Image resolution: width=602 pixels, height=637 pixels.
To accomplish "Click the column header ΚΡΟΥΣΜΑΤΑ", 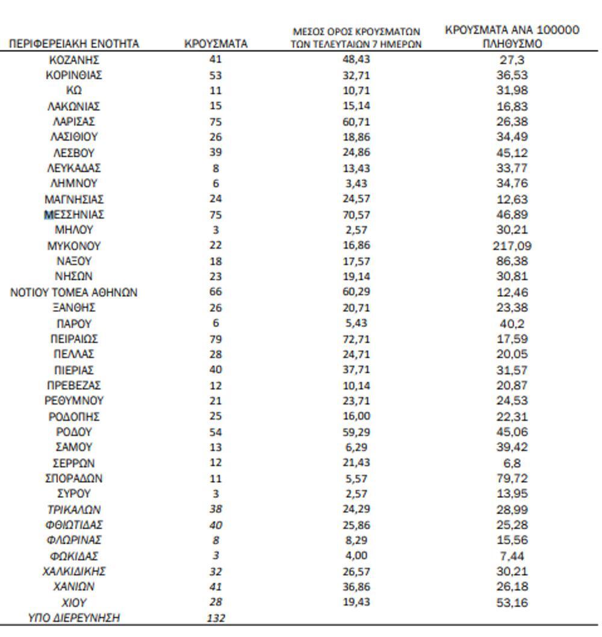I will click(x=216, y=44).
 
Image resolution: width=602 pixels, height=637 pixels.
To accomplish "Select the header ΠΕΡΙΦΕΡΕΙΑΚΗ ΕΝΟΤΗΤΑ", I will click(x=74, y=44).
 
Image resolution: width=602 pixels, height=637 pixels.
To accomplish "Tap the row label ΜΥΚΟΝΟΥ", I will click(x=74, y=246).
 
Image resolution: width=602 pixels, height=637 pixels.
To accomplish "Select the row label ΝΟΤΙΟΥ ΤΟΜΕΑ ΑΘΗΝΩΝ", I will click(x=74, y=293).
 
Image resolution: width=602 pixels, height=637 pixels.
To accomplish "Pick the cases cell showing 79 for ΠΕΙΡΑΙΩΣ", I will click(x=216, y=339).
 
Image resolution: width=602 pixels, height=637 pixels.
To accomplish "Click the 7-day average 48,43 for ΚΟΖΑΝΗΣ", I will click(x=356, y=59).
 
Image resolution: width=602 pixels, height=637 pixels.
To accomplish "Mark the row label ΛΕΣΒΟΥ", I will click(x=74, y=152).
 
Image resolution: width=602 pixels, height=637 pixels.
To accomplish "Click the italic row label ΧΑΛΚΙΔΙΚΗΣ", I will click(x=74, y=571).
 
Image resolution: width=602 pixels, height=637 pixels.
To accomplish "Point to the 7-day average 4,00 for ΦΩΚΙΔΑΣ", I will click(x=356, y=556).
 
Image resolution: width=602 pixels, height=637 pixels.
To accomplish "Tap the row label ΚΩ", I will click(x=74, y=90).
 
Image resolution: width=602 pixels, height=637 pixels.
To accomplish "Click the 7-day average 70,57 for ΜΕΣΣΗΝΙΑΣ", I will click(x=356, y=214).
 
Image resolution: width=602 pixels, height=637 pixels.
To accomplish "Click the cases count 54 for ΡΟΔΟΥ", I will click(x=216, y=432).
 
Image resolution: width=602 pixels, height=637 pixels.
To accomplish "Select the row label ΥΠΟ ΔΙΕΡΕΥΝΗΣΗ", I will click(x=74, y=618).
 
